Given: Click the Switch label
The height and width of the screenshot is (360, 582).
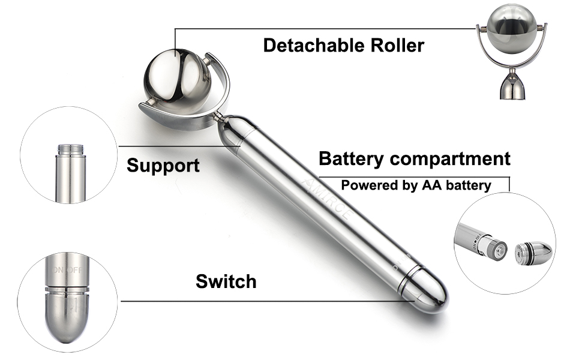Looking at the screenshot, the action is point(226,281).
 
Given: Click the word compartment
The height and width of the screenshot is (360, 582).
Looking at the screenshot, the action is point(450,160).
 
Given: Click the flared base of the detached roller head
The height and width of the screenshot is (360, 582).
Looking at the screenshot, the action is point(514,88).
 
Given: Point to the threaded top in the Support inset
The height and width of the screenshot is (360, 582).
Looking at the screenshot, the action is point(71,149).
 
